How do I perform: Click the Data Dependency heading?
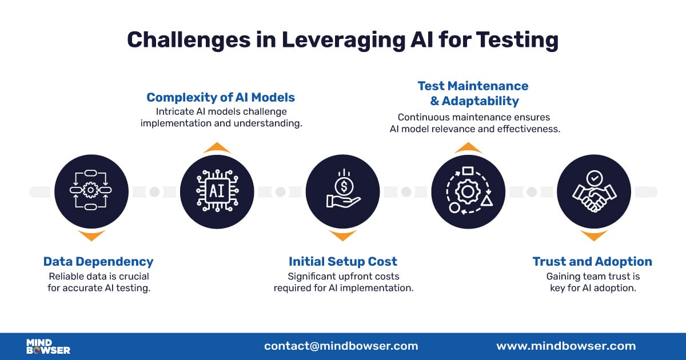[x=98, y=262]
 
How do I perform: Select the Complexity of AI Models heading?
[x=221, y=97]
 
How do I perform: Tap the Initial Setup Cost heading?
[x=342, y=262]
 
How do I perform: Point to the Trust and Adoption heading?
[x=592, y=262]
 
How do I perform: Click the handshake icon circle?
[x=593, y=191]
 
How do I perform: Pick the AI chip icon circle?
[x=217, y=191]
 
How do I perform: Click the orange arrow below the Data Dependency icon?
[x=91, y=235]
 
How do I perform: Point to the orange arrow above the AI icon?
[x=217, y=148]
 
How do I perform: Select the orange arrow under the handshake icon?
[x=593, y=235]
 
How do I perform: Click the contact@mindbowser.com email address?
[x=341, y=346]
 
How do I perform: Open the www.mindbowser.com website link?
[x=565, y=346]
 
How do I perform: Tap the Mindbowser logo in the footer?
[x=48, y=346]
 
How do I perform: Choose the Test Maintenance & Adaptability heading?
[x=473, y=93]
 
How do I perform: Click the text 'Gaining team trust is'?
[x=592, y=277]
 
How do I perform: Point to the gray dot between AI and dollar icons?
[x=280, y=192]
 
